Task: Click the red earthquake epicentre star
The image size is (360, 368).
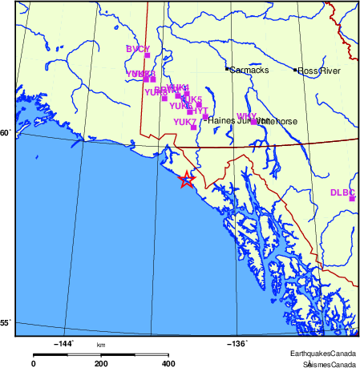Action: (x=186, y=180)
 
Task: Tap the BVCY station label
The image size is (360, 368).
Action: (x=137, y=50)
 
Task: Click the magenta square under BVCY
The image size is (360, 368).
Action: (x=147, y=56)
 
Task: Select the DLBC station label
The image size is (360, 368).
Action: (x=342, y=192)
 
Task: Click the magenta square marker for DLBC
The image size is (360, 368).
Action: (x=352, y=198)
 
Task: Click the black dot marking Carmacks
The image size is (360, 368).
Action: (x=227, y=70)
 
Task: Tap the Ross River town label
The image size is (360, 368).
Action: (x=320, y=71)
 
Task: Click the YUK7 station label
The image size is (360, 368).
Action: (x=184, y=122)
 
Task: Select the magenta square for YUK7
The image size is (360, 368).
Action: (x=193, y=127)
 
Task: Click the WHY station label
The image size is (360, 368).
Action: (x=245, y=116)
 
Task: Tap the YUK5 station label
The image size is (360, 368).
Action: (x=191, y=99)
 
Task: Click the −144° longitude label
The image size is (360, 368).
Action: (x=63, y=343)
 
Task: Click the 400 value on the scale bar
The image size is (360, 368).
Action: (x=169, y=363)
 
